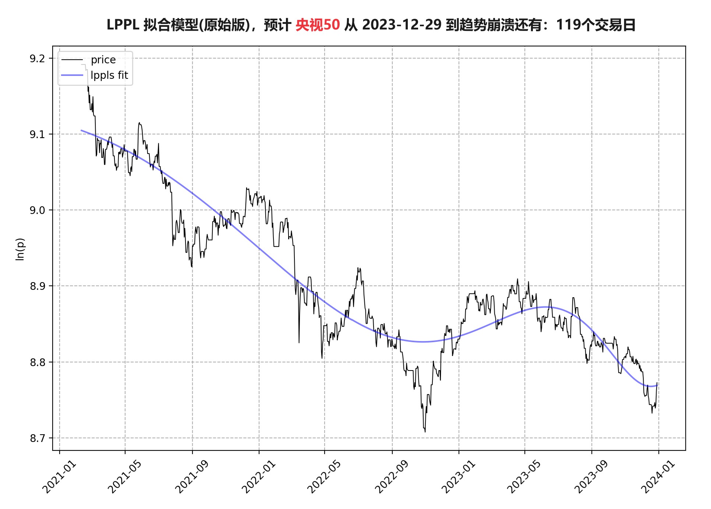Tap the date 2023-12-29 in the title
tap(402, 25)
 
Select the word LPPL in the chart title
tap(123, 25)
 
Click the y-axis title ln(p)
tap(20, 249)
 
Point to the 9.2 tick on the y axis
tap(37, 59)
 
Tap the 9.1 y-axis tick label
tap(37, 134)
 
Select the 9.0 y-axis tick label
tap(37, 210)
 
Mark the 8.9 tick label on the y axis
tap(37, 286)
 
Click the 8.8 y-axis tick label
tap(37, 362)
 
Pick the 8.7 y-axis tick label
tap(37, 438)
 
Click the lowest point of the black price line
tap(425, 432)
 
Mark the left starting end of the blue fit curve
tap(81, 130)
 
